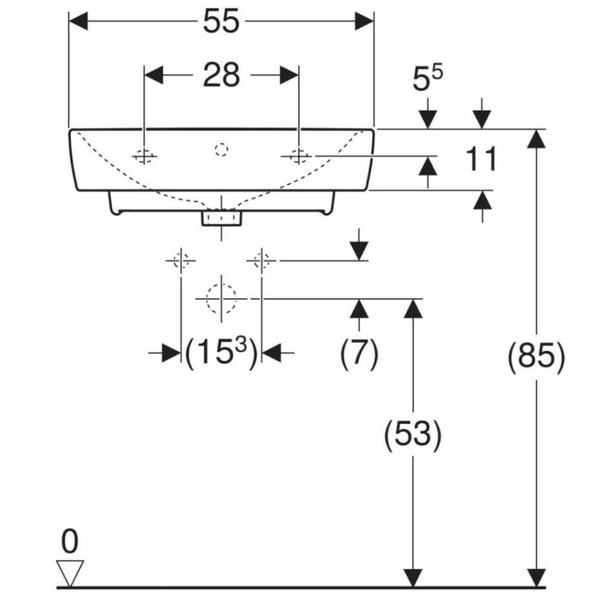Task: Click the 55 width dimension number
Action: (221, 21)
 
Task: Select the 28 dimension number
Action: (221, 75)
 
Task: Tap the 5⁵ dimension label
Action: (427, 78)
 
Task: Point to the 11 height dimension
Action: (481, 159)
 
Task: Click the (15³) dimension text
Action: (221, 352)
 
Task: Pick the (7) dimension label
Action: (359, 353)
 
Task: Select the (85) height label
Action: (537, 356)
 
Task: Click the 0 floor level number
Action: (70, 541)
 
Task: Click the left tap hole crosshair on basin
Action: (144, 156)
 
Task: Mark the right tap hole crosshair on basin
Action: (299, 156)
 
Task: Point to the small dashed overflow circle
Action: (221, 149)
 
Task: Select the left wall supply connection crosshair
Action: (181, 261)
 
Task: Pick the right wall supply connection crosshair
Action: (261, 261)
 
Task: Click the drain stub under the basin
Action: (221, 218)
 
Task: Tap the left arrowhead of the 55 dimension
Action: (78, 21)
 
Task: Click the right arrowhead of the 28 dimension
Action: (289, 75)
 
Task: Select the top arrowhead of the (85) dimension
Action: (536, 139)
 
